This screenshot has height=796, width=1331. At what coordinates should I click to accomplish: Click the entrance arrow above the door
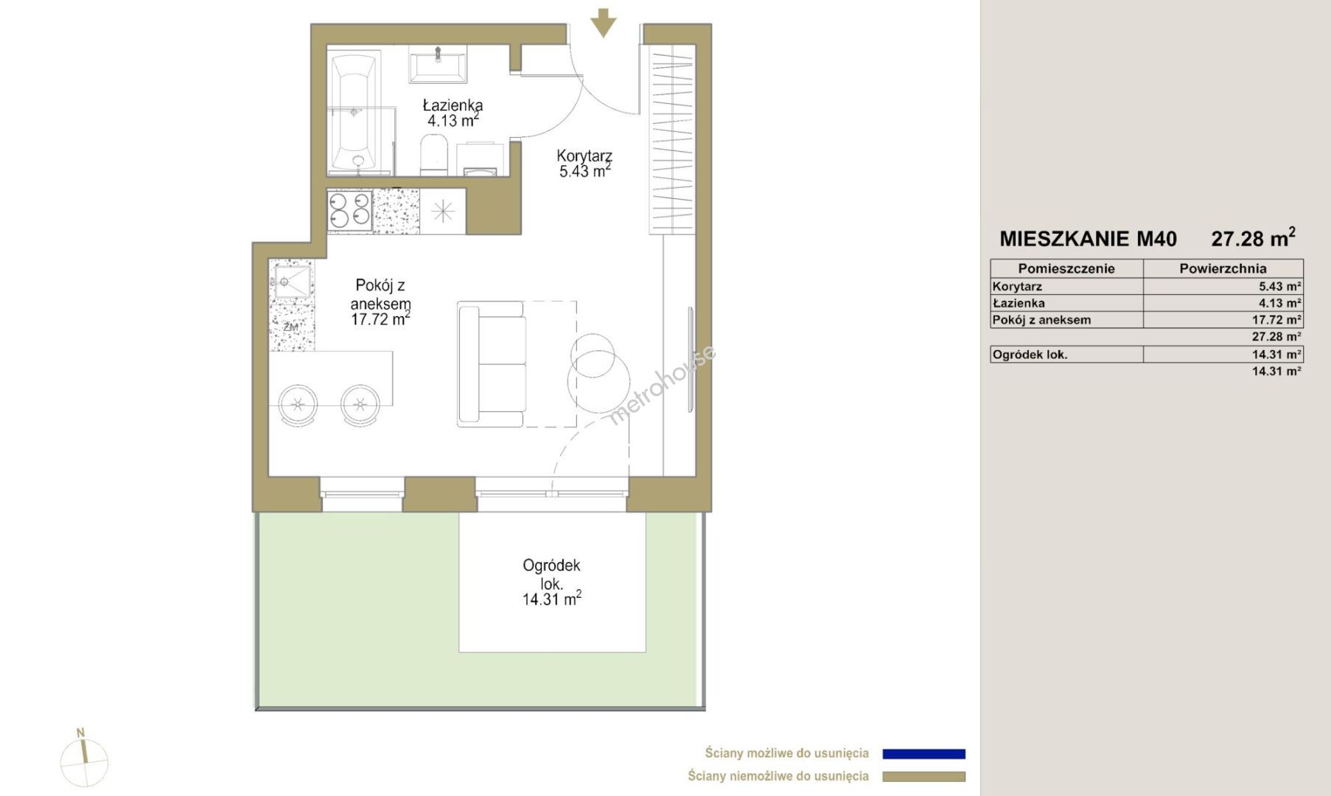(604, 23)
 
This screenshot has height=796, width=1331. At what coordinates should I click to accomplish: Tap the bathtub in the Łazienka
(354, 114)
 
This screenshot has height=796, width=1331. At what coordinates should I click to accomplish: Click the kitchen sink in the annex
(293, 282)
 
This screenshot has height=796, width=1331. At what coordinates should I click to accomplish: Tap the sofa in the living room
(492, 364)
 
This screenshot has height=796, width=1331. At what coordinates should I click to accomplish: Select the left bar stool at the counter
(298, 405)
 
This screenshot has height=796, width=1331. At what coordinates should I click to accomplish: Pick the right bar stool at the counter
(360, 405)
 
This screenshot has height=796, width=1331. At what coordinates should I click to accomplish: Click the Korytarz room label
(584, 156)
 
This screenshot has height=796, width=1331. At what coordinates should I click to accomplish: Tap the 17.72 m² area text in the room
(380, 319)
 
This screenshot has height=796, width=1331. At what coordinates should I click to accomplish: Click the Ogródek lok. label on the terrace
(551, 574)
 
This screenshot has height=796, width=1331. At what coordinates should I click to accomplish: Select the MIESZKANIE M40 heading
(1088, 239)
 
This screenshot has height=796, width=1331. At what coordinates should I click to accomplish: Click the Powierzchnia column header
(1223, 268)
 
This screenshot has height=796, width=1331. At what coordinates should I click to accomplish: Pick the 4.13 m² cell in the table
(1279, 303)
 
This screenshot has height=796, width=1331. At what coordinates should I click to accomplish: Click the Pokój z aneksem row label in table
(1041, 320)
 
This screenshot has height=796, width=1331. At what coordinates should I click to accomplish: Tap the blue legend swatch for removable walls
(923, 754)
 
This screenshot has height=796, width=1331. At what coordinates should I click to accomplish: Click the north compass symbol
(84, 759)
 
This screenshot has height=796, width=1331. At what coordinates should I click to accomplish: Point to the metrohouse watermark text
(660, 385)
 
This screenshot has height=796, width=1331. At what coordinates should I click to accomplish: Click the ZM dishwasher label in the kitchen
(290, 327)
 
